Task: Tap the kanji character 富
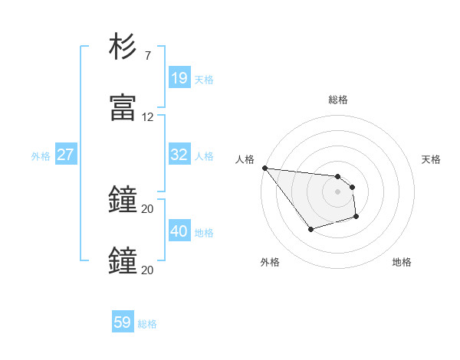click(123, 108)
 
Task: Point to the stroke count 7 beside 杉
click(148, 55)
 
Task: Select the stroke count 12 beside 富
click(148, 117)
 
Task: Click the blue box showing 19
click(179, 78)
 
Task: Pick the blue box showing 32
click(179, 155)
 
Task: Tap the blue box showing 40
click(179, 231)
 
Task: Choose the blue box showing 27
click(65, 155)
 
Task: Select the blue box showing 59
click(123, 322)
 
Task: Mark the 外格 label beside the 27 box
click(41, 156)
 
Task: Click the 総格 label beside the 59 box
click(147, 324)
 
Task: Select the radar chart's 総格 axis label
click(338, 100)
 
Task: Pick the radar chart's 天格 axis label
click(431, 159)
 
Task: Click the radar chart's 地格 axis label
click(402, 262)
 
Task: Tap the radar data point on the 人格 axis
click(264, 168)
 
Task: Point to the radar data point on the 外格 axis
click(310, 229)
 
